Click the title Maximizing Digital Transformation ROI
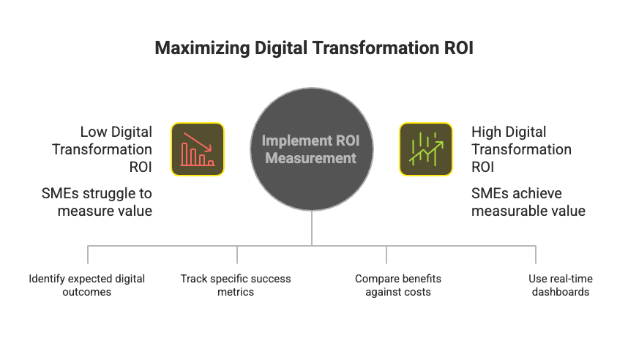click(x=313, y=49)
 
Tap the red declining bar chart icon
click(x=198, y=149)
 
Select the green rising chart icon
click(x=425, y=149)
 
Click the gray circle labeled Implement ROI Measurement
click(x=312, y=149)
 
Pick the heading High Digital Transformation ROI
click(x=521, y=149)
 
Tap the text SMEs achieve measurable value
click(x=528, y=203)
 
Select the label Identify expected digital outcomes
click(x=87, y=285)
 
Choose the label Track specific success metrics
click(x=236, y=285)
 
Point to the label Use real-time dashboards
click(x=560, y=285)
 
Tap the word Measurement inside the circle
click(x=311, y=158)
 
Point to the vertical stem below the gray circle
click(x=312, y=228)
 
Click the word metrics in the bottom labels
click(x=236, y=292)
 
